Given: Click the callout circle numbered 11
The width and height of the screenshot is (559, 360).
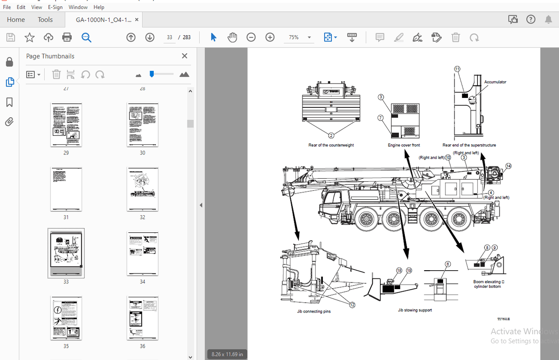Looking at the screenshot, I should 457,69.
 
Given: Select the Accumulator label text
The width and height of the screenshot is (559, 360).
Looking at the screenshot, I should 495,82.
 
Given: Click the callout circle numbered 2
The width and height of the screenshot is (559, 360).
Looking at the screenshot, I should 331,135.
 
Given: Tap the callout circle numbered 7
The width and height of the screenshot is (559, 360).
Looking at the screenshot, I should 380,118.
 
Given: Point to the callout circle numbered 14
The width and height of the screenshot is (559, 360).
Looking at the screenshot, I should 509,166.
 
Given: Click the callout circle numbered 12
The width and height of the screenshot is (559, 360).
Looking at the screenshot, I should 352,305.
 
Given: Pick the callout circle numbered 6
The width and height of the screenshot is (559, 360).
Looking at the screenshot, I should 448,264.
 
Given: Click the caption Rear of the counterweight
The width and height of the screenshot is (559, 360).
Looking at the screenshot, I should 331,145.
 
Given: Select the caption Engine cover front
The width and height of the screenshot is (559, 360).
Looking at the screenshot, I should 403,145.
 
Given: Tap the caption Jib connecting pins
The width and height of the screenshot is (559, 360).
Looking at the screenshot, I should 314,312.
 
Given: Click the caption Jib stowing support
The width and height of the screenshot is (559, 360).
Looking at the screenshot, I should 415,310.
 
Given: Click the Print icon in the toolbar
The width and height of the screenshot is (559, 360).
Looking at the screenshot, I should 67,37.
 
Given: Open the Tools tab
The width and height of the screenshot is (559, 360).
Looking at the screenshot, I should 45,19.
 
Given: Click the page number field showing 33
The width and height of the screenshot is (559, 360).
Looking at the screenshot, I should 170,37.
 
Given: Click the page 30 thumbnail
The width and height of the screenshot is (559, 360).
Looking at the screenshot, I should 142,125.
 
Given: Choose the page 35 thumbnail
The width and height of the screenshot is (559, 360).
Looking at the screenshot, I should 66,318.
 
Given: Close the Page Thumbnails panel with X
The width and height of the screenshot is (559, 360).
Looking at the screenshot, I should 184,56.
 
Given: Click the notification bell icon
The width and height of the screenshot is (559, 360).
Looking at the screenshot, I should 548,19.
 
